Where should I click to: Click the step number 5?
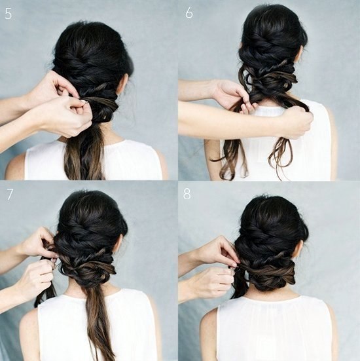[x=8, y=14]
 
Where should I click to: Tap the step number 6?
[x=189, y=13]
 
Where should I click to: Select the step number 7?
[x=10, y=195]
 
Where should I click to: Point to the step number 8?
[x=187, y=195]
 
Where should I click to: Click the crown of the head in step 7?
[x=90, y=202]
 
